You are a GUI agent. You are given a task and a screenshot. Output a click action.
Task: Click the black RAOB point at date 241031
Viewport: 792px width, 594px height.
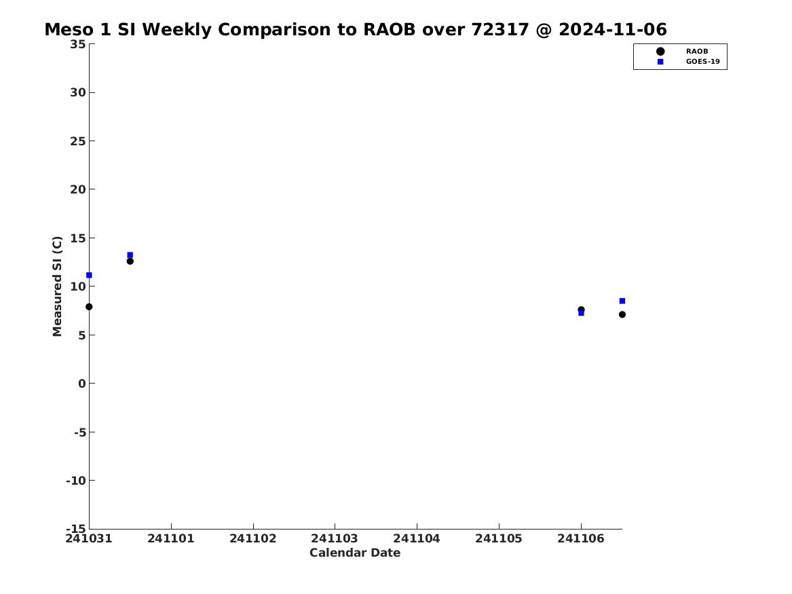pos(89,307)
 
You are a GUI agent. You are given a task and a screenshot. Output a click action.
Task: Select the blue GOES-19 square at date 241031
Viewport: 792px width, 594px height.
pos(89,276)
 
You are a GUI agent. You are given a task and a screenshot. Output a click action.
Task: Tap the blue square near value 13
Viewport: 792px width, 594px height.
pos(130,255)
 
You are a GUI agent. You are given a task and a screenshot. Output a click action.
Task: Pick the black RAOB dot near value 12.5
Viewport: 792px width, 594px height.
pos(130,261)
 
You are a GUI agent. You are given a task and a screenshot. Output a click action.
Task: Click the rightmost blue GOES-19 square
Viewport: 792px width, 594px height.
pos(622,301)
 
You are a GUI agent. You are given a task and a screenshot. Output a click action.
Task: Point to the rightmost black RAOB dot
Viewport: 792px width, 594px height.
pos(622,315)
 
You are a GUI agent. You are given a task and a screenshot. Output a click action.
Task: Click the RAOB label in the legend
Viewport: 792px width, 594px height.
pos(697,52)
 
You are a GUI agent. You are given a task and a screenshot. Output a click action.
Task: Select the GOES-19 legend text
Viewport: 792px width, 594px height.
pos(702,62)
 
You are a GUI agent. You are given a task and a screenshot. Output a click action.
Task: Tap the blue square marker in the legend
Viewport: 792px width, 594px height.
pos(660,62)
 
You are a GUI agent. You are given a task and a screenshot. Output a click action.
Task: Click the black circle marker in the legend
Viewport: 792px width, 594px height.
pos(660,52)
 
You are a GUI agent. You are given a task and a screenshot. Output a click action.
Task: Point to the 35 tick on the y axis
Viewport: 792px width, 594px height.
pos(78,44)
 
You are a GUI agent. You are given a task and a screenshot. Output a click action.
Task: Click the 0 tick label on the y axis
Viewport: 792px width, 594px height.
pos(82,384)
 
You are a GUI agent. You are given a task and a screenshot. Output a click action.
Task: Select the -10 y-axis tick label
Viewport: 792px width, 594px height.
pos(76,481)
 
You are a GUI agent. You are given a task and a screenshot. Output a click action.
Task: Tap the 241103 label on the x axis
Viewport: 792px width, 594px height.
pos(335,539)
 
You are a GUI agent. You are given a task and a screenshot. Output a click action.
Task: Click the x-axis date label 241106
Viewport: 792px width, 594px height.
pos(581,539)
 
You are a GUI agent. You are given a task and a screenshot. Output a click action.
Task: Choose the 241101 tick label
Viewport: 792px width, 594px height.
pos(171,539)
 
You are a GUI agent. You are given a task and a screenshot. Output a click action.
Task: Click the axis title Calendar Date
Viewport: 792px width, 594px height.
pos(355,553)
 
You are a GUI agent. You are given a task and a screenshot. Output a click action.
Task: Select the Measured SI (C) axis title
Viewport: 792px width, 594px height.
pos(57,286)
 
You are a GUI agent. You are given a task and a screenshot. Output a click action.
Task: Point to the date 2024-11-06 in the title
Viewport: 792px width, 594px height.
pos(613,30)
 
